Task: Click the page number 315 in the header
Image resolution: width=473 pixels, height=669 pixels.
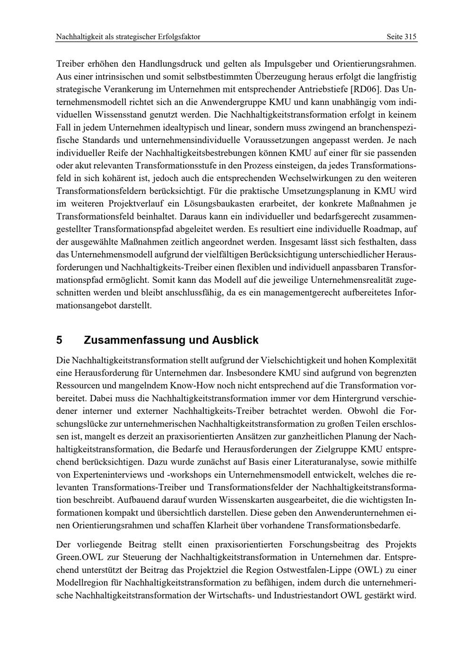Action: [x=410, y=37]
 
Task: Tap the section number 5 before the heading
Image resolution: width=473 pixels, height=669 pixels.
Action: [x=59, y=340]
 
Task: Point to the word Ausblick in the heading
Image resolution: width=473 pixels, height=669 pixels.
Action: [x=235, y=340]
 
